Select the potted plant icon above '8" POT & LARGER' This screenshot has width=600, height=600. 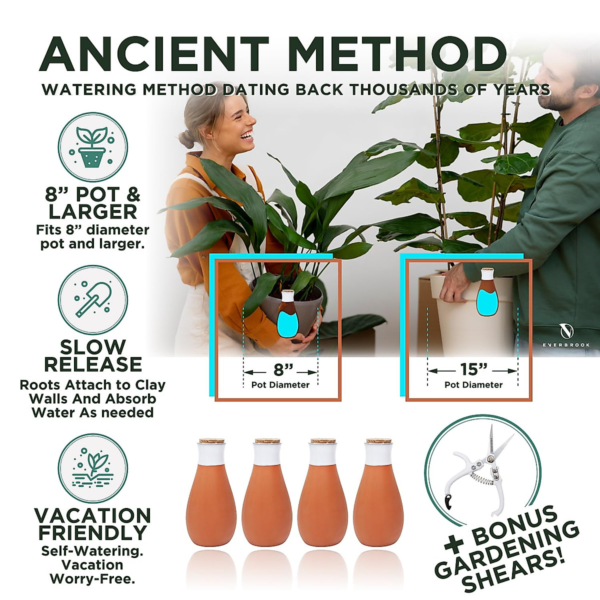click(x=92, y=147)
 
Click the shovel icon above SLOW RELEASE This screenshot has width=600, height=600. click(x=92, y=299)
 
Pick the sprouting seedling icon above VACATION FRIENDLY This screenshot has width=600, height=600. click(x=92, y=468)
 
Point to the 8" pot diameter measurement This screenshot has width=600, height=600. click(x=281, y=370)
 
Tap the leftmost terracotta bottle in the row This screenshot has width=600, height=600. click(x=211, y=495)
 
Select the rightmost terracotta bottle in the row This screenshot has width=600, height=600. click(x=378, y=495)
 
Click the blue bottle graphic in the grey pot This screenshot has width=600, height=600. click(x=287, y=315)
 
